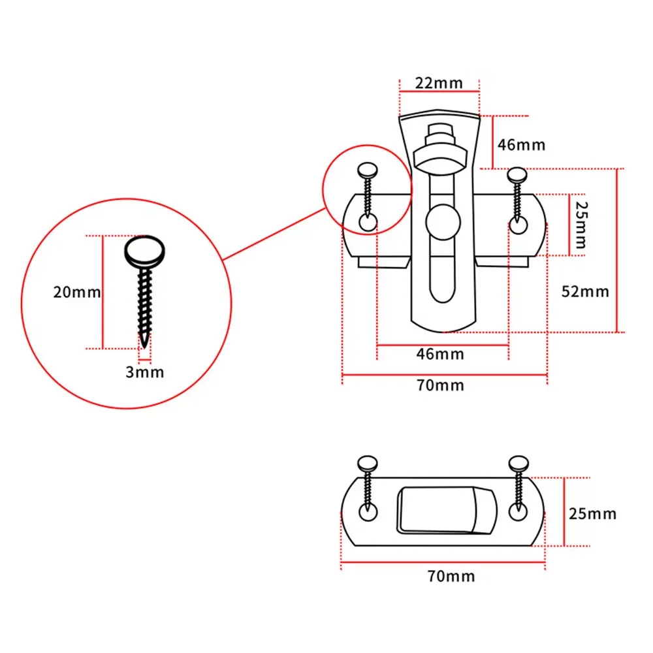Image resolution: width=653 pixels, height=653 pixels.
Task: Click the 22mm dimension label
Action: pos(439,83)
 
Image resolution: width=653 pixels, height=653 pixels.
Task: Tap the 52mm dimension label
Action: pos(585,291)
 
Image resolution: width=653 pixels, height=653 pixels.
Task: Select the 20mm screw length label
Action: pos(77,292)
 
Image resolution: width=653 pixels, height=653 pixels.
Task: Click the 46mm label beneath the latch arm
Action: pos(441,354)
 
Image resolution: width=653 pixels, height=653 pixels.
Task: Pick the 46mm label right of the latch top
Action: pos(521,144)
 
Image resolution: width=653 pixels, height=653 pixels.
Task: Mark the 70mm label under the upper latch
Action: pos(441,385)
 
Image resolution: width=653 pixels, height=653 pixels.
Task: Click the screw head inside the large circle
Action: pos(146,251)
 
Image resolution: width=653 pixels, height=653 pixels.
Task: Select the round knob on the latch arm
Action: pos(442,222)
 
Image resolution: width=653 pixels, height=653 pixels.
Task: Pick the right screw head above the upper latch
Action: pos(518,174)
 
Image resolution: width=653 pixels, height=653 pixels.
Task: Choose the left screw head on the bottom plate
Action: pos(368,464)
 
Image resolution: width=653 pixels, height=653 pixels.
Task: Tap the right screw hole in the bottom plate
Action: pos(518,512)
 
